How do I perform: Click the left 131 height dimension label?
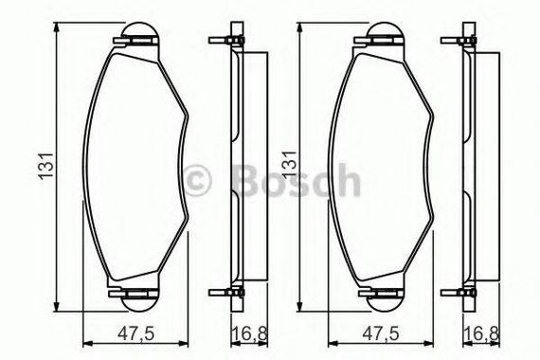tap(46, 166)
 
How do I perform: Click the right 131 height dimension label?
tap(290, 164)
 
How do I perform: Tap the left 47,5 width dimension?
tap(135, 333)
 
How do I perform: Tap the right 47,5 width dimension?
tap(381, 333)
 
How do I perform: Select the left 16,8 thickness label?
tap(249, 333)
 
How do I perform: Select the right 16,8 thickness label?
tap(482, 333)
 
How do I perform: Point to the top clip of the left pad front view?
tap(135, 41)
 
